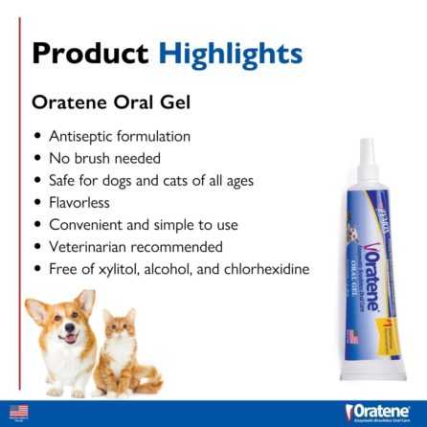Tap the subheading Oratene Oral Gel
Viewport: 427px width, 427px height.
(105, 101)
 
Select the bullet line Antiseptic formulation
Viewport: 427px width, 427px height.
(105, 136)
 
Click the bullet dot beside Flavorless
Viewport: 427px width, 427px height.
(37, 203)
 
